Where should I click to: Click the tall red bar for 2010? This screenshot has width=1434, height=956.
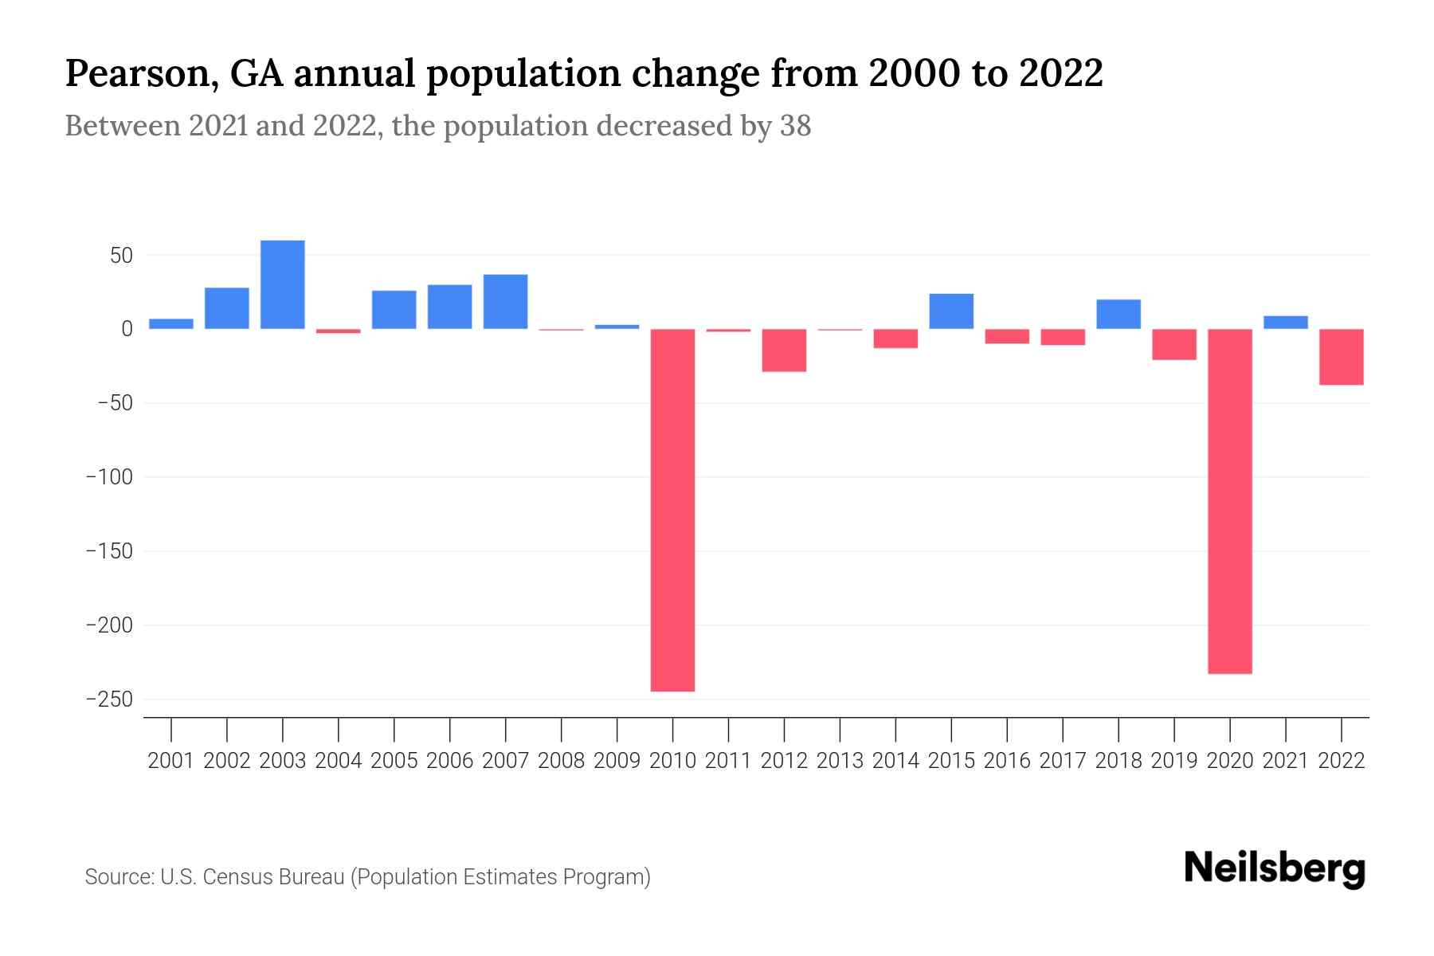click(672, 510)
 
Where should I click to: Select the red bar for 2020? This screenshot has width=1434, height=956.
click(1229, 502)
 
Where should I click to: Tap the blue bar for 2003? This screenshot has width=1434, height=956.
click(283, 284)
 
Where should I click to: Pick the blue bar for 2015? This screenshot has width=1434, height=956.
click(951, 311)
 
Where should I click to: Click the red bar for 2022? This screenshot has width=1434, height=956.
click(1341, 357)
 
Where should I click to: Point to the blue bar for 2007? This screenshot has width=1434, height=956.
click(505, 302)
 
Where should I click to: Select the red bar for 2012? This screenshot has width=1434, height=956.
click(784, 351)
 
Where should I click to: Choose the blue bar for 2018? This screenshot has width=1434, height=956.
click(1118, 314)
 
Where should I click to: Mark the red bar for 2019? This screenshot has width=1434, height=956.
click(1173, 344)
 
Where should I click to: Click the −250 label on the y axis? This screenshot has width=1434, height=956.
click(109, 699)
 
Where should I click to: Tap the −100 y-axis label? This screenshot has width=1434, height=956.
click(109, 477)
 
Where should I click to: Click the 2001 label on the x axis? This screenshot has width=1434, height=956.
click(171, 761)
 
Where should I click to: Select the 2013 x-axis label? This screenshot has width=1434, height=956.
click(840, 761)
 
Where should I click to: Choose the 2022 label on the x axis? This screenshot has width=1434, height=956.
click(1342, 761)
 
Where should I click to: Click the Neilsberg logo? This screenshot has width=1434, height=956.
click(1275, 869)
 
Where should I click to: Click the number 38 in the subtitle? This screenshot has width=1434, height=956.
click(794, 126)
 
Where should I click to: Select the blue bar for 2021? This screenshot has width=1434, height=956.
click(1285, 323)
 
